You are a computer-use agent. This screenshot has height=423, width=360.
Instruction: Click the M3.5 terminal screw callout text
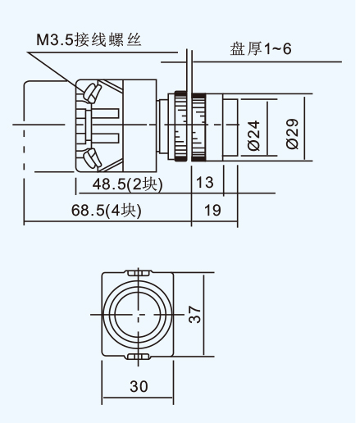coord(89,40)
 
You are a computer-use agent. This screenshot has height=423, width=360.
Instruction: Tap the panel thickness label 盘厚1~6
coord(261,49)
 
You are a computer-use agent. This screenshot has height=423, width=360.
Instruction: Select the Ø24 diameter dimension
coord(254,135)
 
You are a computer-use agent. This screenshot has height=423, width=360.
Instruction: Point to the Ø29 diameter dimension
coord(292,134)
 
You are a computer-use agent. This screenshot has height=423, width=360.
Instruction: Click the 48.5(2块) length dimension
coord(127,184)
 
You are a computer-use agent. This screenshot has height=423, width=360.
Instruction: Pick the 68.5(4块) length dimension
coord(107,211)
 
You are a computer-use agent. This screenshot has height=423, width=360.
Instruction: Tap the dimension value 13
coord(205,182)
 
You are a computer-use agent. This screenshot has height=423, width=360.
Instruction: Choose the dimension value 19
coord(212,210)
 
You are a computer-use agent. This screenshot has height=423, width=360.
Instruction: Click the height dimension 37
coord(195,315)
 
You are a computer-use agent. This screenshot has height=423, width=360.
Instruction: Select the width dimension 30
coord(139,386)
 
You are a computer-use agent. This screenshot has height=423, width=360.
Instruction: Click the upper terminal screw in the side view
coord(93,93)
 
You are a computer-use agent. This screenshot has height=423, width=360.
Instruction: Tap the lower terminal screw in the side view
coord(93,158)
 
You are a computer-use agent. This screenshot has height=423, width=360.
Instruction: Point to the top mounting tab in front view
coord(139,273)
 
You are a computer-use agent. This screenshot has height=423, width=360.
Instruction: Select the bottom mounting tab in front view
coord(139,357)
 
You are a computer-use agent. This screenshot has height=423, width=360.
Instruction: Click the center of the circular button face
coord(139,315)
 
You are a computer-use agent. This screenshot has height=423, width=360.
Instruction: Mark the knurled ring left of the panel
coord(180,126)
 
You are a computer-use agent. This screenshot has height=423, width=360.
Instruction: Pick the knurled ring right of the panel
coord(198,127)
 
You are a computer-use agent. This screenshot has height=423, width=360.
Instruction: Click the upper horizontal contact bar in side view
coord(105,113)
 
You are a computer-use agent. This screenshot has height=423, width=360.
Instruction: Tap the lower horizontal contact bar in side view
coord(105,139)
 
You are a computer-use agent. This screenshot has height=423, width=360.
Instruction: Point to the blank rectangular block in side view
coord(140,125)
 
